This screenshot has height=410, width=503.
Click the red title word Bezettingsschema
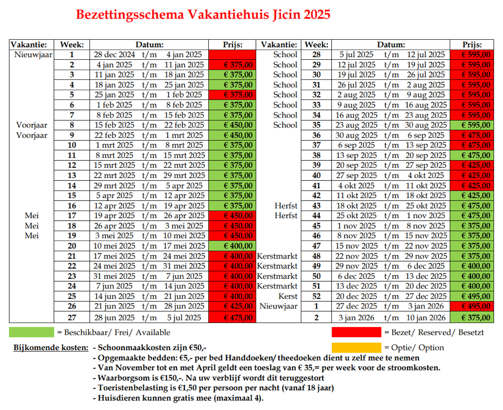point(130,15)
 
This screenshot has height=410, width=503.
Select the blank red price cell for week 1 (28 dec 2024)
point(232,54)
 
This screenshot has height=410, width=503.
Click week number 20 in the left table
point(72,246)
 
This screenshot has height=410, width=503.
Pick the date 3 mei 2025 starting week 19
point(114,236)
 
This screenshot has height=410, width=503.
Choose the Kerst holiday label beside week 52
point(288,296)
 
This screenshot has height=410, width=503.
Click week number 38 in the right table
point(316,155)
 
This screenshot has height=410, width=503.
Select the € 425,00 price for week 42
point(476,195)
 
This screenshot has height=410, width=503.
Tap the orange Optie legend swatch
point(357,348)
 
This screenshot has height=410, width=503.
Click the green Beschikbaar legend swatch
point(31,332)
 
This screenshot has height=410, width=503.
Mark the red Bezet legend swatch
point(357,332)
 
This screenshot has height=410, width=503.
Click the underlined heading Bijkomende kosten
point(51,348)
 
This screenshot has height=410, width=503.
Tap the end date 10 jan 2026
point(426,318)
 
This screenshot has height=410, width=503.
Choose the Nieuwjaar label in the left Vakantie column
point(33,54)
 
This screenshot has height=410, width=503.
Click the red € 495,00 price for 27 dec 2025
point(476,306)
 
